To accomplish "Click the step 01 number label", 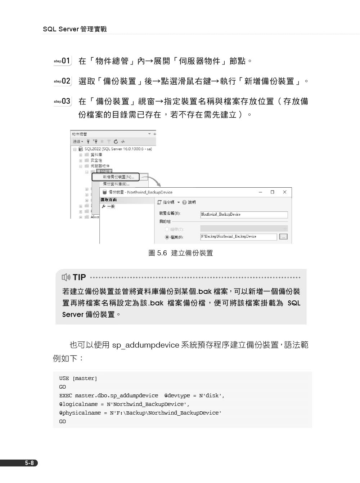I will (x=66, y=61).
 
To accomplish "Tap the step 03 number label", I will (x=66, y=101).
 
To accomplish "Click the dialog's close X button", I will (x=284, y=192).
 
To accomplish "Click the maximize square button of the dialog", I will (x=272, y=192).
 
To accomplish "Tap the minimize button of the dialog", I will (x=260, y=192).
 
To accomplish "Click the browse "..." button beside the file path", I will (x=283, y=237).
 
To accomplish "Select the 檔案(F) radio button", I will (x=167, y=237).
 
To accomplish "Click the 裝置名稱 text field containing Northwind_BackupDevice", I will (x=244, y=215).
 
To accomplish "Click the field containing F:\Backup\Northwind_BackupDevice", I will (x=238, y=237).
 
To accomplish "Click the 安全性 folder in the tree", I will (x=96, y=160).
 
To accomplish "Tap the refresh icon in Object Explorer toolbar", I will (x=116, y=142).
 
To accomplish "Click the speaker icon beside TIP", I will (x=66, y=277).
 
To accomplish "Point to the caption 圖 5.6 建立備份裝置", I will (x=180, y=253).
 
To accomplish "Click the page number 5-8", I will (x=30, y=463).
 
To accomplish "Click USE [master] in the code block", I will (x=78, y=379).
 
